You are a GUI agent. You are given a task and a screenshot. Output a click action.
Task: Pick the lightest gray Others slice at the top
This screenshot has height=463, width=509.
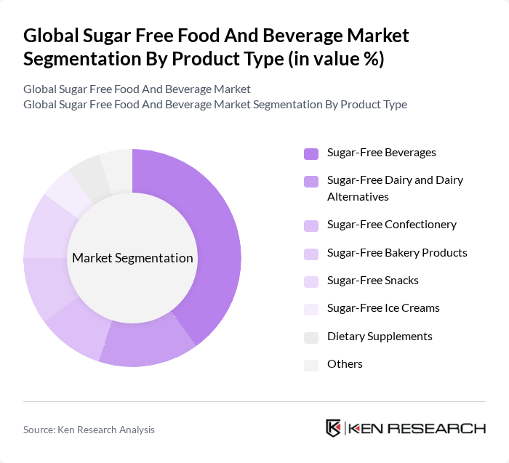coord(116,168)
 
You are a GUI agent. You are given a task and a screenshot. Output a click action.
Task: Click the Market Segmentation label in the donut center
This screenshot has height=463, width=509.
coord(132,258)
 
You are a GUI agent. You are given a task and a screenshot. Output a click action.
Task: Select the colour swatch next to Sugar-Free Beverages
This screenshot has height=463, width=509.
coord(311,153)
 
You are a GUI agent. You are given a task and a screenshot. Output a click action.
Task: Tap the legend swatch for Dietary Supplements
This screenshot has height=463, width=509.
coord(311,337)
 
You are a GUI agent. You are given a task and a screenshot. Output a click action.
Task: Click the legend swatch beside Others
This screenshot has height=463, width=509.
coord(311,365)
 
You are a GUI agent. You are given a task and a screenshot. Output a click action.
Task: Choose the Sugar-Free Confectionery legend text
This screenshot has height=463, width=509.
coord(392,225)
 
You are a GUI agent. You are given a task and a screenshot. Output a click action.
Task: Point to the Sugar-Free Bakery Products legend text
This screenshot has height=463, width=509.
coord(397,253)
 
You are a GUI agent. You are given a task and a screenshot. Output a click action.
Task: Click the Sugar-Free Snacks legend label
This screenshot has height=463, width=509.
coord(373,281)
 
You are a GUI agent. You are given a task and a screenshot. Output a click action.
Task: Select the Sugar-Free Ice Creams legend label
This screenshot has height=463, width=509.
coord(383,308)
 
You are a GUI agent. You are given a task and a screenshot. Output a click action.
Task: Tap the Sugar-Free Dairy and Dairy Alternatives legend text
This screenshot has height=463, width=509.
coord(395,188)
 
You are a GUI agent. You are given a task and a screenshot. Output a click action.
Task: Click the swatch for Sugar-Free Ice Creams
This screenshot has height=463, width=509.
coord(311,310)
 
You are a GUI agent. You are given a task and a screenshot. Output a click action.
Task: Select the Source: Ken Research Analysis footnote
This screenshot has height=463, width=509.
coord(89,430)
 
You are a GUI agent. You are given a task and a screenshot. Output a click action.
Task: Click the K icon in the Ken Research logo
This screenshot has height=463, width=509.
coord(334,428)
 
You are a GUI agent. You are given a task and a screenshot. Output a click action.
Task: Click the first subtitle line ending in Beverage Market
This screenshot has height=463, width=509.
coord(137,89)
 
